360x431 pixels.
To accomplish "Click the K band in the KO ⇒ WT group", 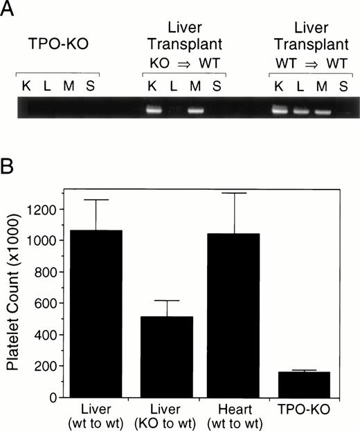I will (154, 109).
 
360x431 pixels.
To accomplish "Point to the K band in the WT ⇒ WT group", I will (280, 109).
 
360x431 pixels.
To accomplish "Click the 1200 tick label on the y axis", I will (44, 209).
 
